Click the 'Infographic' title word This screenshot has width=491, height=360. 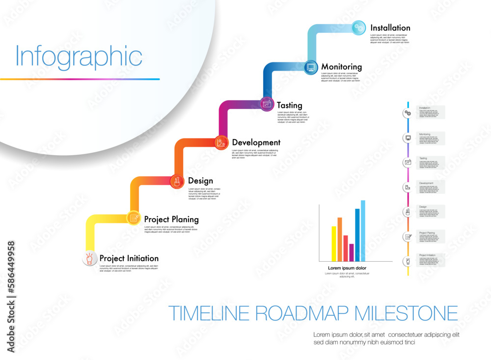(79, 57)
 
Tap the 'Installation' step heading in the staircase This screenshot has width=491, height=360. (390, 28)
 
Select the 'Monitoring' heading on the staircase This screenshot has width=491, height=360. (341, 67)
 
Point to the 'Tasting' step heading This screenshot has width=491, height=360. (289, 105)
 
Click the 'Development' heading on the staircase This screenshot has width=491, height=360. (256, 142)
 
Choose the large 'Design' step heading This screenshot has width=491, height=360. (200, 181)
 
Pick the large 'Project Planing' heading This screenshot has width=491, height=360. (171, 219)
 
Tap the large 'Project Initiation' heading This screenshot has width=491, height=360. (129, 258)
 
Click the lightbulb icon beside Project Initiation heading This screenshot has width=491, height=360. (89, 258)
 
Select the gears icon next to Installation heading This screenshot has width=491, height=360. (359, 28)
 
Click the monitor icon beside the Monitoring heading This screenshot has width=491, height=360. (311, 67)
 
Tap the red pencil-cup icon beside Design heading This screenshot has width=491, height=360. (177, 181)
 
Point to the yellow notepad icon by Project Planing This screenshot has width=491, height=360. (134, 218)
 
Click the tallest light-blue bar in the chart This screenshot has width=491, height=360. (363, 231)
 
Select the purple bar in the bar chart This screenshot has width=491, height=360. (351, 252)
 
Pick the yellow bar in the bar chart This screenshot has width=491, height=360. (334, 244)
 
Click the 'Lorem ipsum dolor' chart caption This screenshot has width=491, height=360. (347, 268)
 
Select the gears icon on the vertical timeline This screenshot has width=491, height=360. (408, 113)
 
